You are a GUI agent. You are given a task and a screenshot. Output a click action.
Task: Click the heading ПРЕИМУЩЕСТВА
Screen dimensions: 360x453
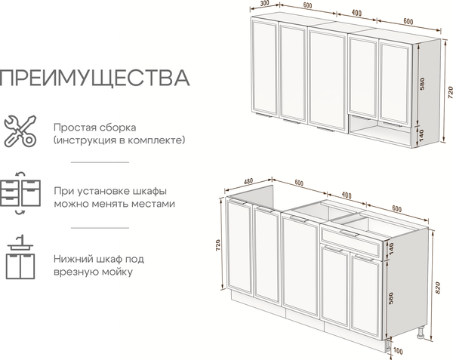tap(94, 78)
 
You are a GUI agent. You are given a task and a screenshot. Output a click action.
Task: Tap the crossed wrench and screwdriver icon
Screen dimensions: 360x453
tap(20, 131)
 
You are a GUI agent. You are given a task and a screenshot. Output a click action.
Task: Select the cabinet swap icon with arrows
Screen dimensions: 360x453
tap(20, 195)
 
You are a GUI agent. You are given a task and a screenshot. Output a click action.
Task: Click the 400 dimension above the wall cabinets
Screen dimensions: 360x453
tap(356, 14)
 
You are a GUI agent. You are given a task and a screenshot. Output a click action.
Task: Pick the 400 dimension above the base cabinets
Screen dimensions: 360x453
tap(347, 195)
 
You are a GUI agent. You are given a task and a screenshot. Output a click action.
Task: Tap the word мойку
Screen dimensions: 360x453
tap(118, 272)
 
